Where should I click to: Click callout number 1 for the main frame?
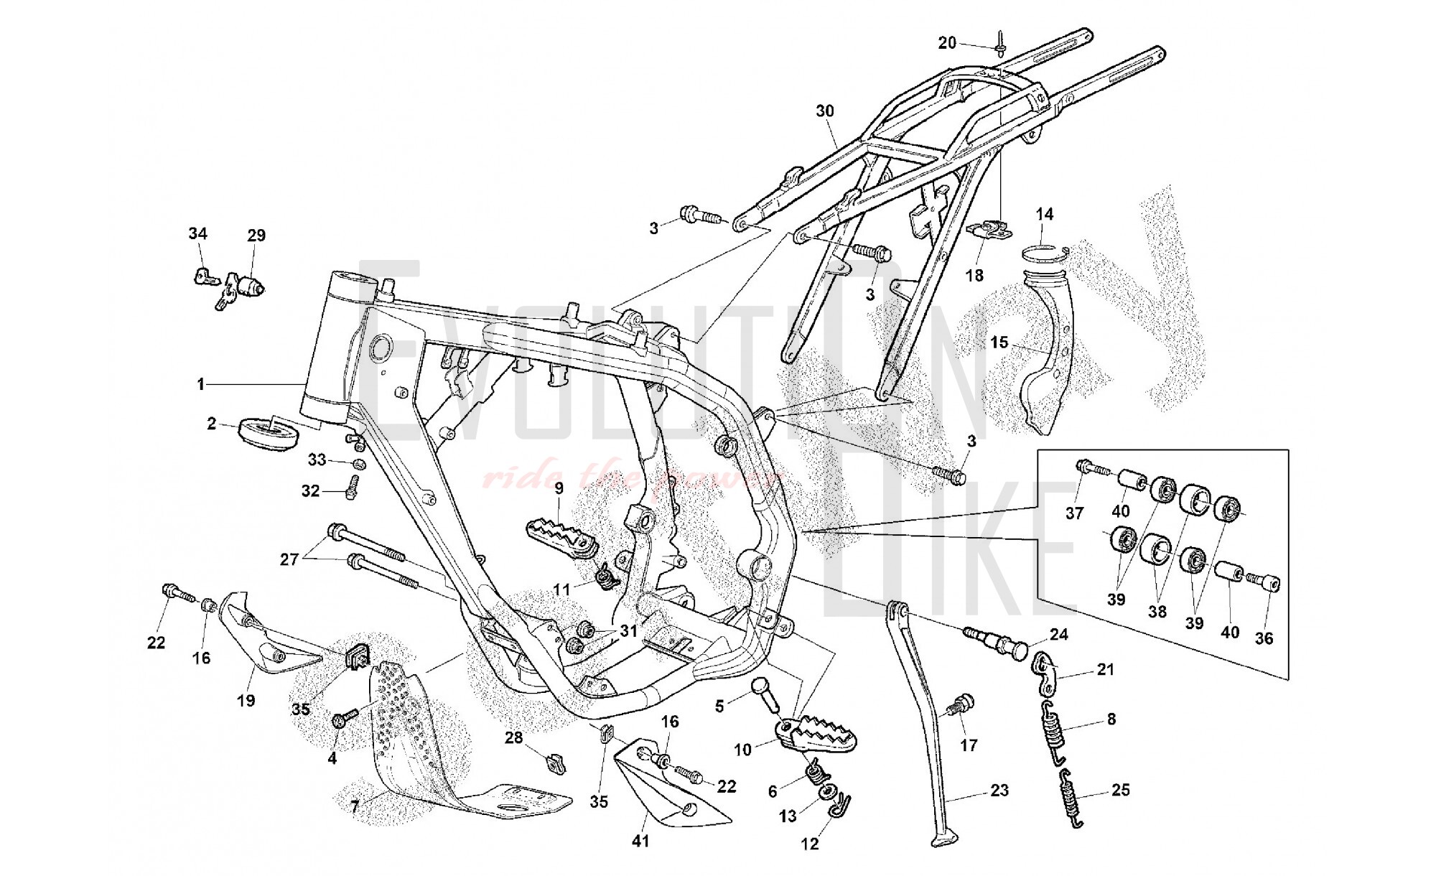pyautogui.click(x=202, y=385)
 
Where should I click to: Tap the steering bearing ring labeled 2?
pyautogui.click(x=268, y=434)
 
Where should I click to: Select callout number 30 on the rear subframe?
pyautogui.click(x=825, y=111)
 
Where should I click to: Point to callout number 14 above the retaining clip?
pyautogui.click(x=1045, y=214)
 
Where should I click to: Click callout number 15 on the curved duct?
pyautogui.click(x=999, y=343)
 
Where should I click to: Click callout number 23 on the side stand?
pyautogui.click(x=999, y=791)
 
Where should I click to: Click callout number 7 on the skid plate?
pyautogui.click(x=354, y=807)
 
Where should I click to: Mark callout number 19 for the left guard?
pyautogui.click(x=246, y=700)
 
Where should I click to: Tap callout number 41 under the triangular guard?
pyautogui.click(x=640, y=840)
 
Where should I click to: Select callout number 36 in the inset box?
pyautogui.click(x=1264, y=638)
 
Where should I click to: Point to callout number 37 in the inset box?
pyautogui.click(x=1074, y=513)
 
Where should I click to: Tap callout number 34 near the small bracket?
pyautogui.click(x=197, y=233)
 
